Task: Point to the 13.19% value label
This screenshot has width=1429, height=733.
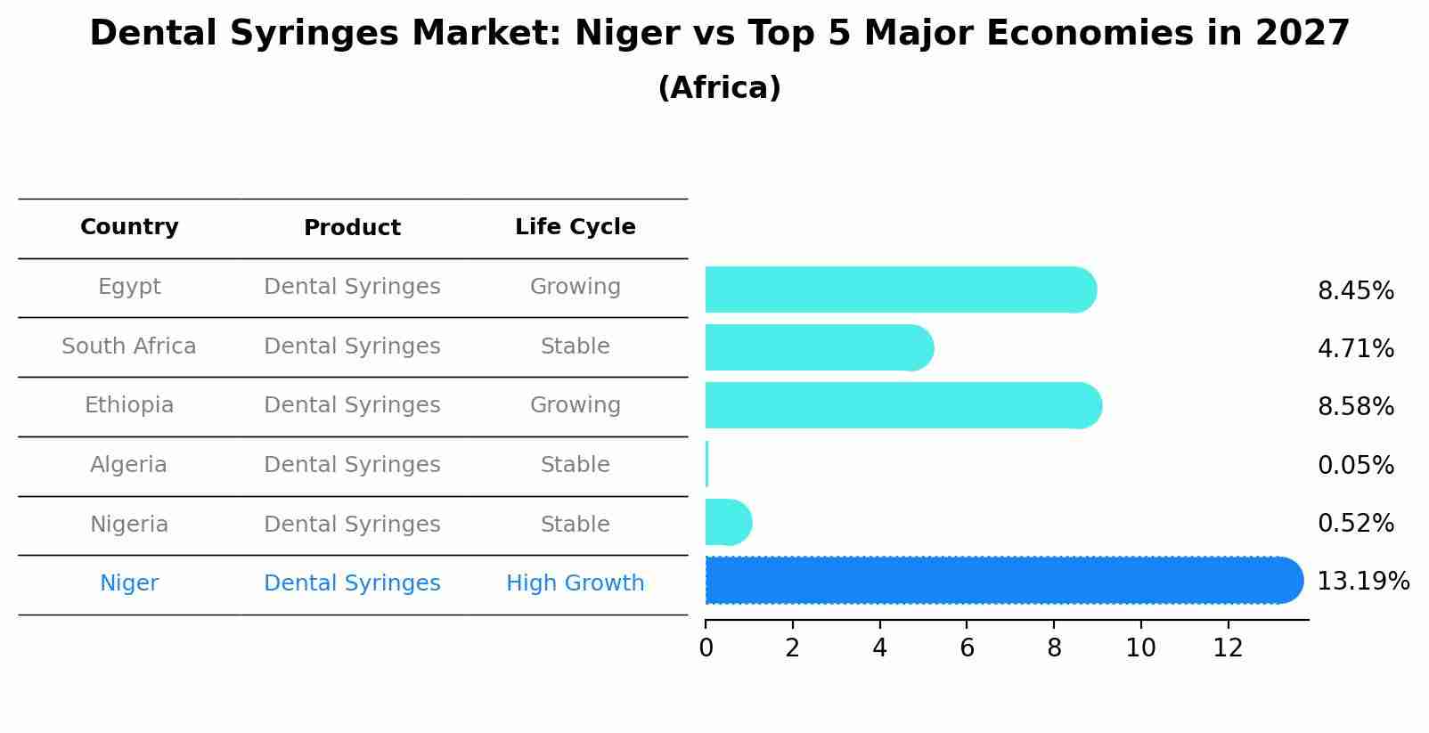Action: click(1362, 582)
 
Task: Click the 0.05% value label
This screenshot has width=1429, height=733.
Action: click(1355, 465)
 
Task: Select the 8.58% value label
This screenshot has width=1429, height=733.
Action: click(1355, 407)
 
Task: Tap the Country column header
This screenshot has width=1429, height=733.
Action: click(129, 227)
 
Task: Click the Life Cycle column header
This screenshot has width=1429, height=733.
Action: click(575, 227)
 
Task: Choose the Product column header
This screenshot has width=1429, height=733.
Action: click(352, 228)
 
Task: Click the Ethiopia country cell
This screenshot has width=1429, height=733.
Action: click(129, 405)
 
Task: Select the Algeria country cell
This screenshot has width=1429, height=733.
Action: click(128, 465)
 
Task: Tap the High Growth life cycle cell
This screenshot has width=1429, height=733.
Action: click(575, 583)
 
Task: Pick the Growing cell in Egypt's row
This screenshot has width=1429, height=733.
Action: click(575, 287)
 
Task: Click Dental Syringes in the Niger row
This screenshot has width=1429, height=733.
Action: click(352, 583)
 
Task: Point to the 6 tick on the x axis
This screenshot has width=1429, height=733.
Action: click(967, 648)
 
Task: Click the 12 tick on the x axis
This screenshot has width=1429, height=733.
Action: click(1228, 648)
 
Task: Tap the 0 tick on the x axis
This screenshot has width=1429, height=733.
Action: click(706, 648)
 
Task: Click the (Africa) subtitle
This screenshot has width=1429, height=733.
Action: click(719, 88)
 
